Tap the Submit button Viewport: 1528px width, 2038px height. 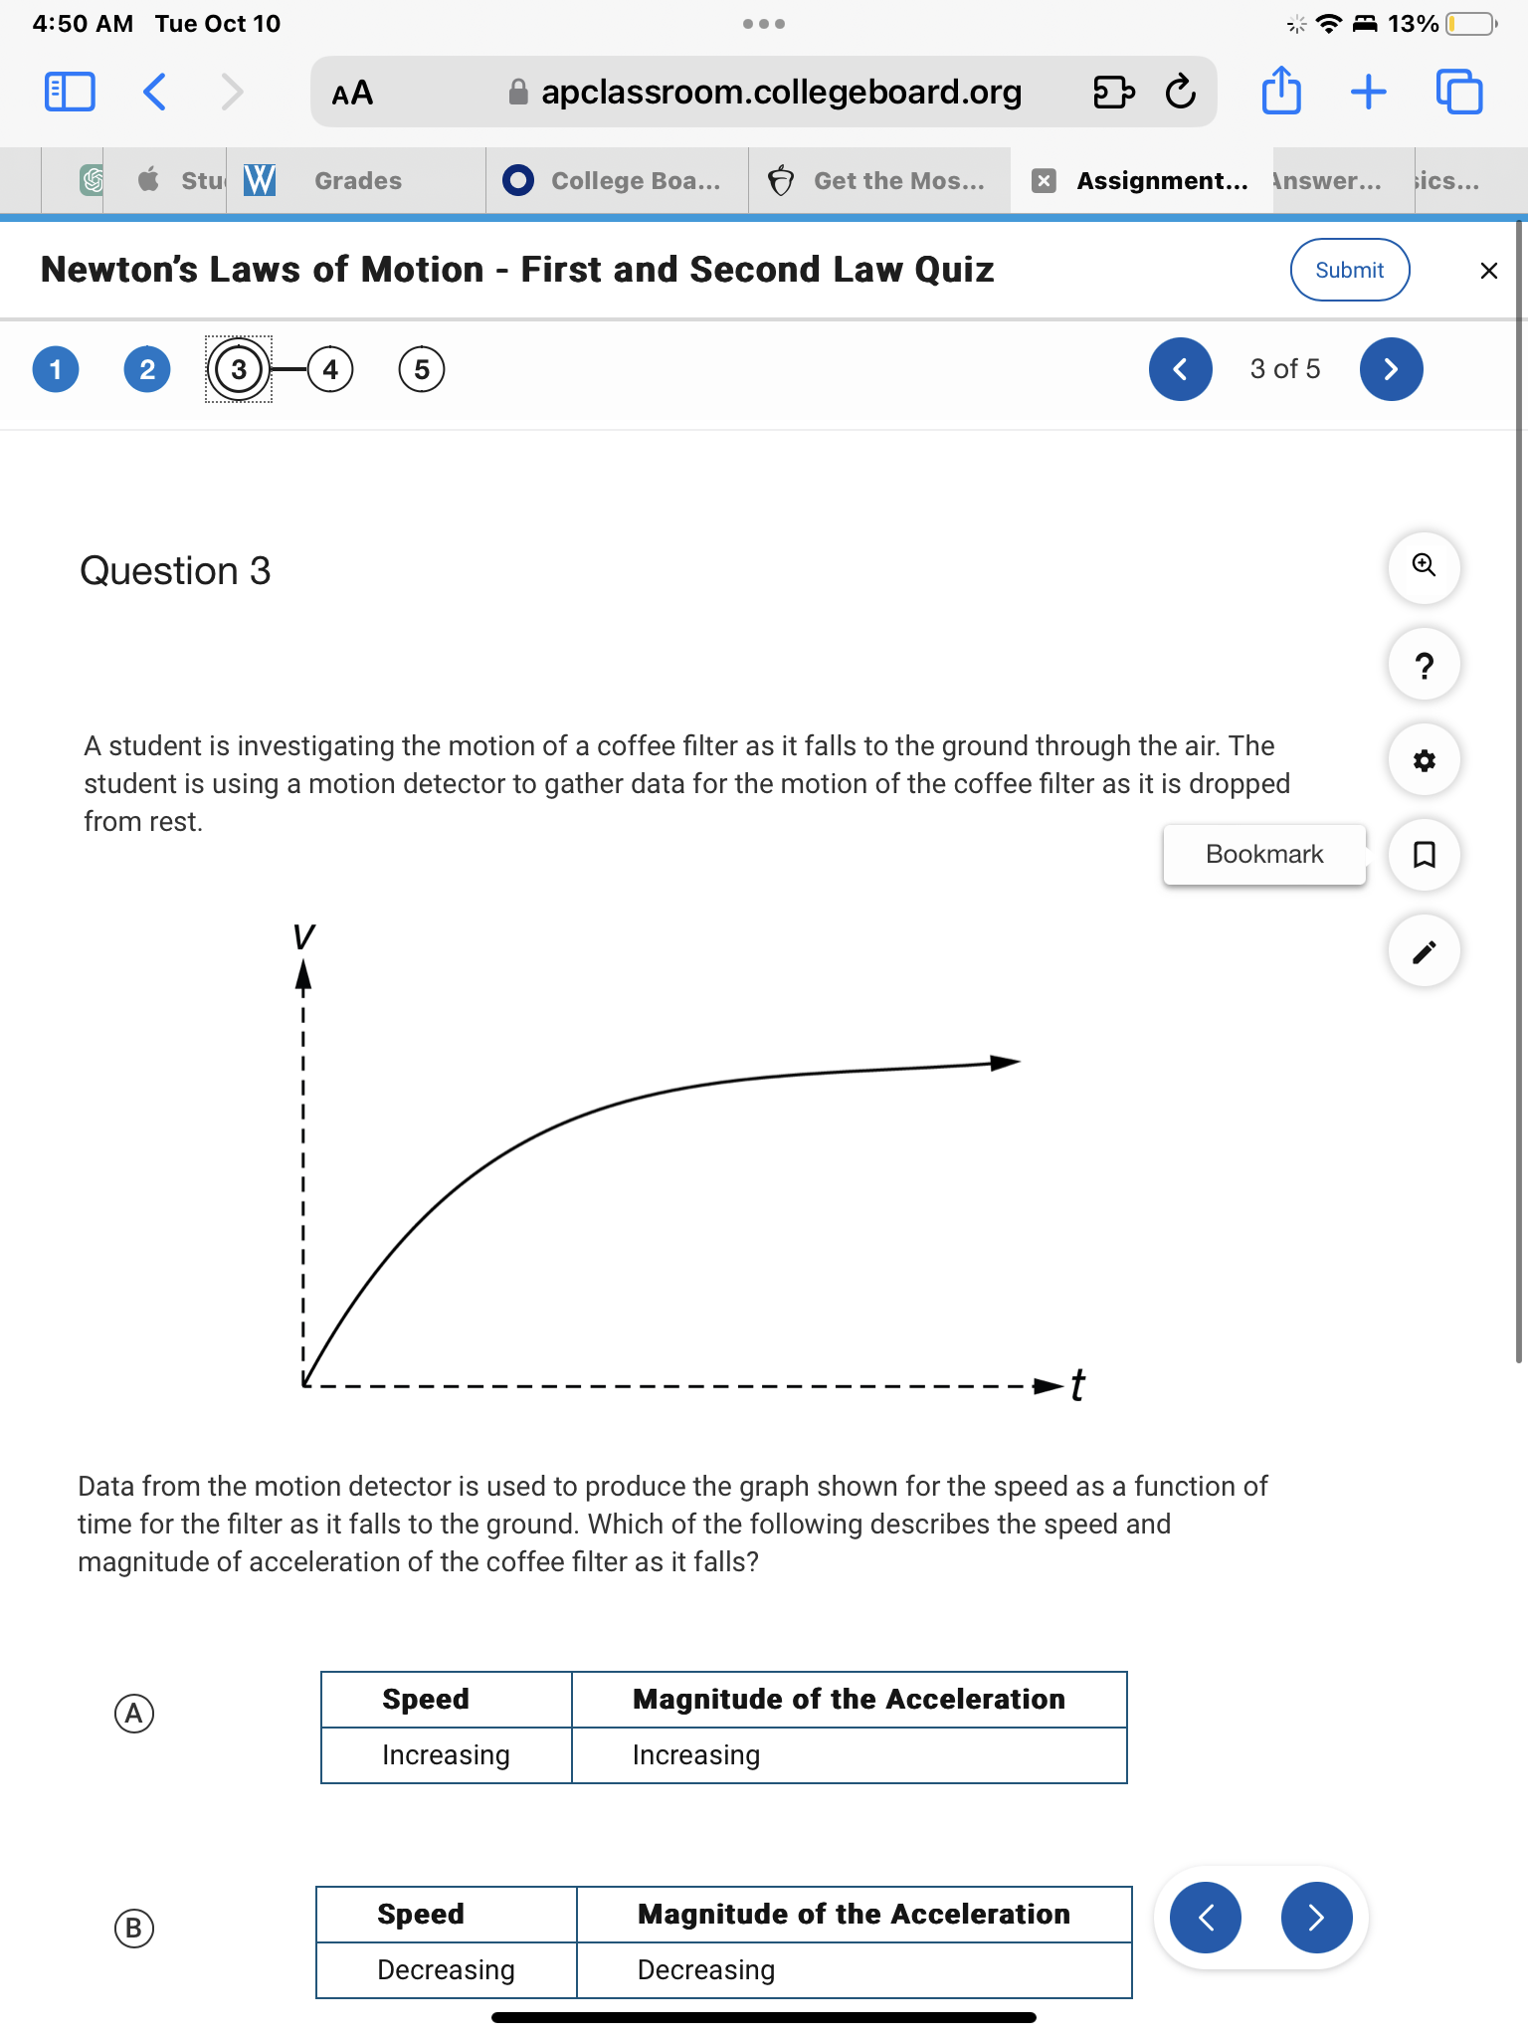(1349, 270)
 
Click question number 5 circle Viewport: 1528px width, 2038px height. (422, 370)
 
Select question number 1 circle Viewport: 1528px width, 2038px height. (56, 370)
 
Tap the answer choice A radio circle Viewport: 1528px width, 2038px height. (134, 1714)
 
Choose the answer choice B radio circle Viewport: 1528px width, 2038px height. (134, 1929)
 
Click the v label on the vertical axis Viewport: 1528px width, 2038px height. (303, 936)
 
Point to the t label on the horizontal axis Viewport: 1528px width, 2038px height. (1077, 1384)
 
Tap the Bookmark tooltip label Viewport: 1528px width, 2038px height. (1263, 855)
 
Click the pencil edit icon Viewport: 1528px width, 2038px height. (1424, 951)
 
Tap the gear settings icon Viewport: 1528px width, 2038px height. (1424, 761)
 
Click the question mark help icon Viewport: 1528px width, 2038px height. (1424, 665)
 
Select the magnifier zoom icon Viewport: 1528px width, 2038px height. (1424, 566)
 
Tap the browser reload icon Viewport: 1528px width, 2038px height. (1180, 93)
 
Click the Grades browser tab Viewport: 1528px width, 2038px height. (357, 181)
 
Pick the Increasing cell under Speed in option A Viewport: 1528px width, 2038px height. (446, 1755)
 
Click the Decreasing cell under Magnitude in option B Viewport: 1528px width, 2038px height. (705, 1970)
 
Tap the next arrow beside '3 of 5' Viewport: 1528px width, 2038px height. (1391, 370)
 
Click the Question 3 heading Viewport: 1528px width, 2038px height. (175, 571)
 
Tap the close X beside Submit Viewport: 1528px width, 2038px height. (1488, 271)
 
